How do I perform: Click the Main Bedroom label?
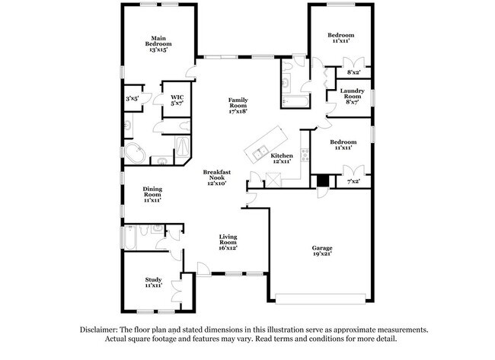(158, 43)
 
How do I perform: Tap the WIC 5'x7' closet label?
(177, 100)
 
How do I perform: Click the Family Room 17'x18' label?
(239, 106)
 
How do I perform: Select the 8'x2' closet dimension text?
(353, 72)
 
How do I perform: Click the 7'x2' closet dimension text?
(353, 182)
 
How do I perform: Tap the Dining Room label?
(152, 195)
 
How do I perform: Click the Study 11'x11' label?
(153, 282)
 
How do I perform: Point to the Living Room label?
(229, 242)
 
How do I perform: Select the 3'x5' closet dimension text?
(133, 98)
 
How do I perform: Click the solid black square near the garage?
(322, 181)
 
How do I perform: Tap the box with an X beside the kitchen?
(273, 181)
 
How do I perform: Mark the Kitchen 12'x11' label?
(282, 158)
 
